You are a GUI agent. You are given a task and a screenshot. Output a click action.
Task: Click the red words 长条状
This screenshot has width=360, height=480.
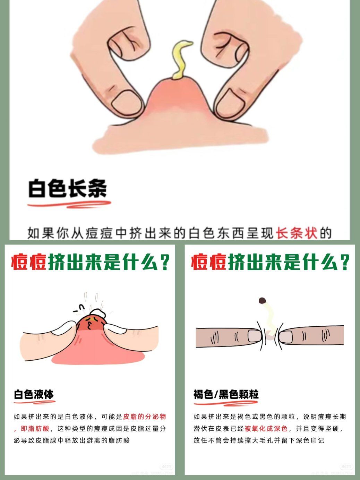tap(297, 233)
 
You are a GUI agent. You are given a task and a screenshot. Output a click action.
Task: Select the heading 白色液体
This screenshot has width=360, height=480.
tap(34, 394)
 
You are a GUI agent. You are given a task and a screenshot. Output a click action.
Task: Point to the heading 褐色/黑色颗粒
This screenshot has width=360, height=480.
tap(226, 394)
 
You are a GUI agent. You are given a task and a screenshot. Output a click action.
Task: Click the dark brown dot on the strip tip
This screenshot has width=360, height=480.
tap(262, 300)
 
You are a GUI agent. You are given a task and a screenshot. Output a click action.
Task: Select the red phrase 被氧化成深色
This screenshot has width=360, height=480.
tap(266, 429)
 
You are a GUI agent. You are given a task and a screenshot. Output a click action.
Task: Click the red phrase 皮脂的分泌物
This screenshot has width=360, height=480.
tap(145, 417)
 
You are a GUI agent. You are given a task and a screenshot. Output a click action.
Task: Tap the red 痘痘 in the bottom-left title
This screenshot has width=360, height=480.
tap(29, 262)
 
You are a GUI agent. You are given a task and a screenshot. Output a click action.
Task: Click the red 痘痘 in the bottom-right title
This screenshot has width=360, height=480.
tap(209, 262)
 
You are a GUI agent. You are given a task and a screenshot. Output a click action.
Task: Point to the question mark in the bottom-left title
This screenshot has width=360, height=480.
tap(165, 262)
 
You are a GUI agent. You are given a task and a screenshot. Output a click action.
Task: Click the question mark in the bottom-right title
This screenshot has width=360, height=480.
tap(344, 262)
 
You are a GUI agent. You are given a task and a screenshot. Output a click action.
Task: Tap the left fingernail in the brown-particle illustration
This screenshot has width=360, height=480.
tap(255, 336)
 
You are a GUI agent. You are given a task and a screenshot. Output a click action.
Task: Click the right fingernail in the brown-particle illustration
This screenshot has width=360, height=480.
tap(286, 336)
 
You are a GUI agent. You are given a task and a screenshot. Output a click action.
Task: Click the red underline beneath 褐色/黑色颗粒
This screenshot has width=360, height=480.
tap(226, 403)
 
